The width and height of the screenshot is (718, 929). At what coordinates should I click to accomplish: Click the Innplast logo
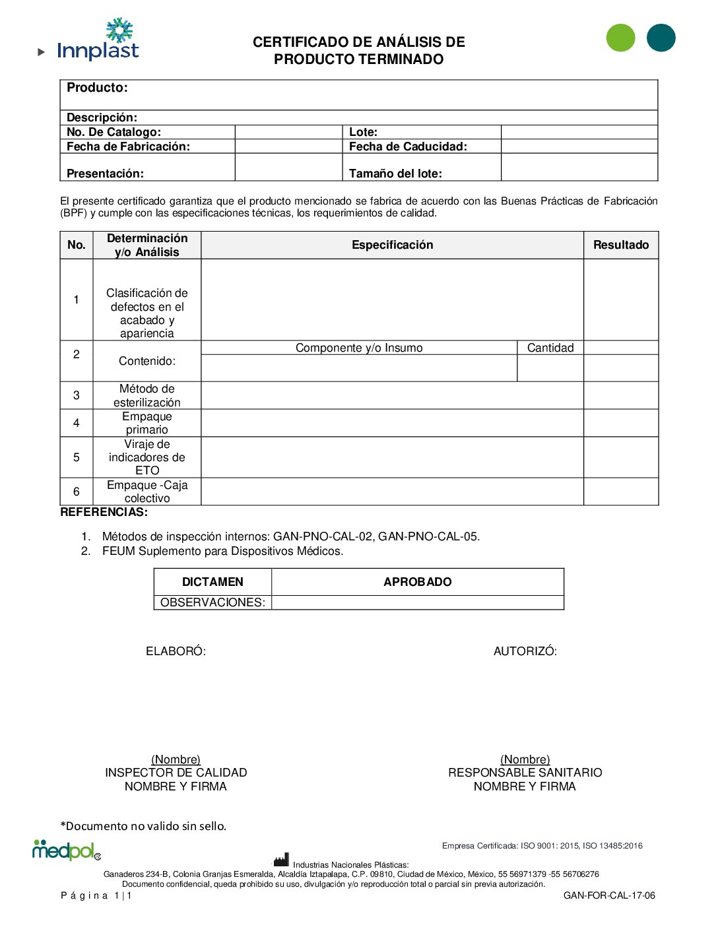click(x=98, y=41)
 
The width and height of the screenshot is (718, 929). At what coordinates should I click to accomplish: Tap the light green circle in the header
click(x=620, y=38)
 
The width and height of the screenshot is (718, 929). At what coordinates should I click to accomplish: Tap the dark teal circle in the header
click(x=661, y=38)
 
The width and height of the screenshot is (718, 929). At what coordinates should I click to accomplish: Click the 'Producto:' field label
click(x=97, y=88)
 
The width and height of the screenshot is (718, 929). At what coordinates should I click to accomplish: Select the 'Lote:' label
click(x=363, y=132)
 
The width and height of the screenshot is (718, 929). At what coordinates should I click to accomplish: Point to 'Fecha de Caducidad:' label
click(x=408, y=146)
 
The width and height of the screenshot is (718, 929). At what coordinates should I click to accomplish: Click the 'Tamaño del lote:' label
click(x=395, y=174)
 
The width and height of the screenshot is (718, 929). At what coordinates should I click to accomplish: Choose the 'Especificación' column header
click(x=392, y=245)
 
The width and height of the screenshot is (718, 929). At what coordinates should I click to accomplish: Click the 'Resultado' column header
click(x=620, y=245)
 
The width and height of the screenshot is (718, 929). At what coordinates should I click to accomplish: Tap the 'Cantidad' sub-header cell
click(x=550, y=348)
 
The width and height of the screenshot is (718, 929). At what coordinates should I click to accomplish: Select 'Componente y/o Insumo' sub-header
click(x=359, y=348)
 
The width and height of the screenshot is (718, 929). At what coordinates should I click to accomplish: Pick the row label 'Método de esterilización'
click(x=147, y=395)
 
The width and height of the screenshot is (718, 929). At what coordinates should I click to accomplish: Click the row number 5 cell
click(x=77, y=457)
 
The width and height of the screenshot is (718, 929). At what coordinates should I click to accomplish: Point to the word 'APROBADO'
click(x=417, y=582)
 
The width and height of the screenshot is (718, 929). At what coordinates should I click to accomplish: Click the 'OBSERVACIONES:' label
click(x=212, y=602)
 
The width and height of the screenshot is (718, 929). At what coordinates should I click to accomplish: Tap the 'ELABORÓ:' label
click(x=176, y=651)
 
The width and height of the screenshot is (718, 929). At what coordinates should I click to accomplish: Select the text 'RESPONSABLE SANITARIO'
click(x=525, y=773)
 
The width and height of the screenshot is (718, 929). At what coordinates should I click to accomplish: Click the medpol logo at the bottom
click(x=66, y=850)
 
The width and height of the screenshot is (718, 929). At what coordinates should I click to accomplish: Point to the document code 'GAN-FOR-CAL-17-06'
click(x=609, y=895)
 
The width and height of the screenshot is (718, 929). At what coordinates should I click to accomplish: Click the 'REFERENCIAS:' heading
click(x=104, y=512)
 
